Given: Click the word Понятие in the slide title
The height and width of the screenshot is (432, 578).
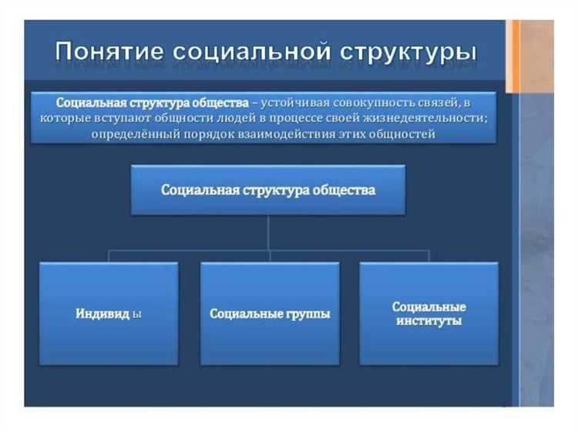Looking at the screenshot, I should point(109,52).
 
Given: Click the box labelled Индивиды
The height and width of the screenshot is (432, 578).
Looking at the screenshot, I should point(109,313).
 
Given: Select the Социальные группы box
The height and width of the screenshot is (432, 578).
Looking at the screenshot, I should point(270,313).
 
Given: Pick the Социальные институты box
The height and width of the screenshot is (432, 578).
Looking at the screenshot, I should point(428,313).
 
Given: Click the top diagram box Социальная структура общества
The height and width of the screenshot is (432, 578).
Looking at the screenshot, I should point(267,189).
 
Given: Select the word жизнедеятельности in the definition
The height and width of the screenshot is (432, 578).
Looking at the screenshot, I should point(430,118).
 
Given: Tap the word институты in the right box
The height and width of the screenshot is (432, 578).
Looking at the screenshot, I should point(428,320).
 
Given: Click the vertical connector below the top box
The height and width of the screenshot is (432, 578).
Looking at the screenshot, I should point(267,232).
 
